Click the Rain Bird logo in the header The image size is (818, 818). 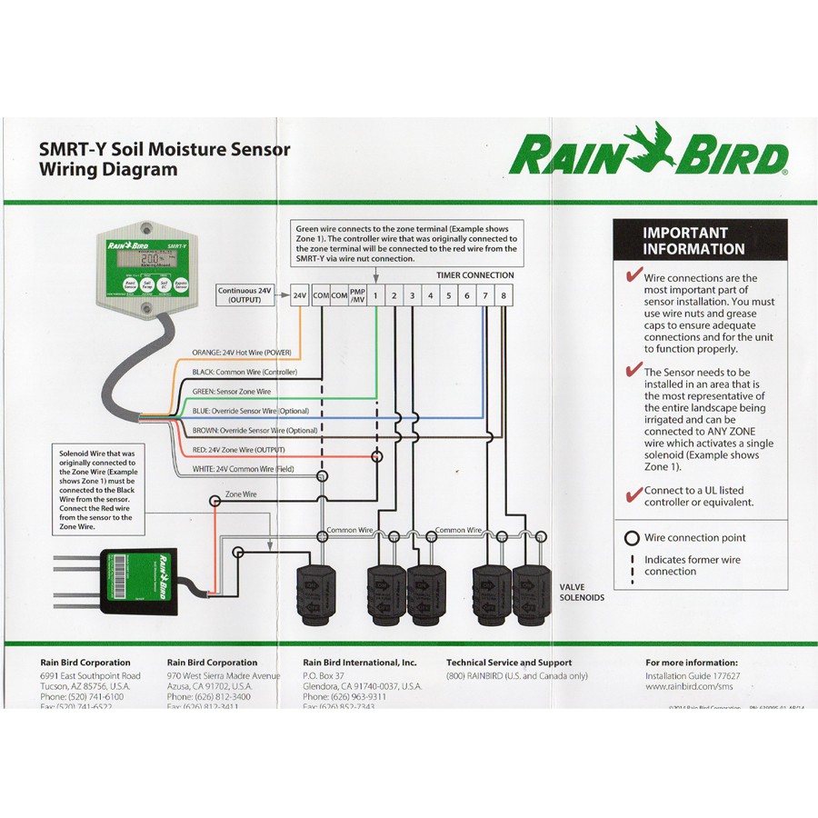pyautogui.click(x=648, y=154)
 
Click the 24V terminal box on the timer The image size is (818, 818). pyautogui.click(x=299, y=295)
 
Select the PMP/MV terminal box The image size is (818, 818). pyautogui.click(x=357, y=295)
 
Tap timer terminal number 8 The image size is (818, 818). pyautogui.click(x=503, y=295)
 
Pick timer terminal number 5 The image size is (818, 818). pyautogui.click(x=448, y=295)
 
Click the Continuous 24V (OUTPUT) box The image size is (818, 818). pyautogui.click(x=244, y=294)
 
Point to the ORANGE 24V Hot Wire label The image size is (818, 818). pyautogui.click(x=240, y=352)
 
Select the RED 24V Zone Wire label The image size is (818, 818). pyautogui.click(x=238, y=450)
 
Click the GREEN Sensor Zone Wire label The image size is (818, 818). pyautogui.click(x=231, y=391)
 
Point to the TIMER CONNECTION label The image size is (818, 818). pyautogui.click(x=474, y=274)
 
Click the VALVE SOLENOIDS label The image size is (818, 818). pyautogui.click(x=582, y=593)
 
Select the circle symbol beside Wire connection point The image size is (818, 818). pyautogui.click(x=632, y=538)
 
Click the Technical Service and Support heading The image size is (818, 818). pyautogui.click(x=509, y=663)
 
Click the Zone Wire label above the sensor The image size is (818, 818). pyautogui.click(x=241, y=495)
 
